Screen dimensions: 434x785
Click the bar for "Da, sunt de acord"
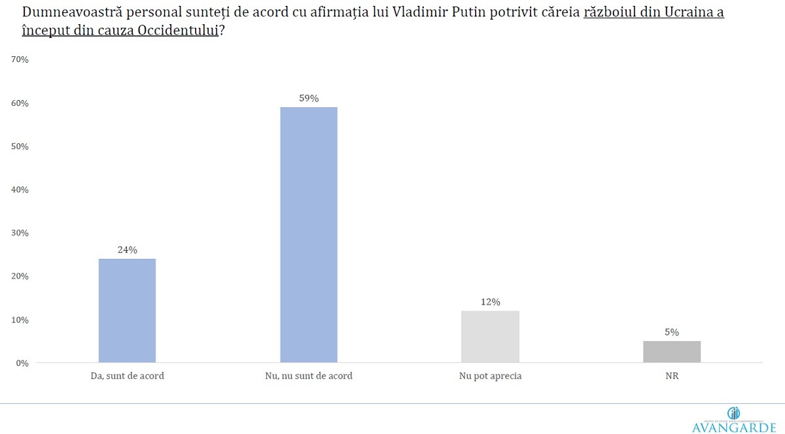127,310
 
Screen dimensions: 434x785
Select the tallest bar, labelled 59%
309,235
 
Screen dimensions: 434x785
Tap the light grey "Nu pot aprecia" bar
490,337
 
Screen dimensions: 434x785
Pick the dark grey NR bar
672,352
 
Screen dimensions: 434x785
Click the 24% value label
127,250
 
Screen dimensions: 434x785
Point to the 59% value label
309,98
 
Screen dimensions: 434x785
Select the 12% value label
490,302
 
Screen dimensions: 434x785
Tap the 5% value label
672,332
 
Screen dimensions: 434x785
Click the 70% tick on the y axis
20,59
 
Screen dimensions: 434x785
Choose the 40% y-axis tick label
20,190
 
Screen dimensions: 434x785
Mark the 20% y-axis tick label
20,276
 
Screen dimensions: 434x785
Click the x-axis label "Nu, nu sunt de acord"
309,376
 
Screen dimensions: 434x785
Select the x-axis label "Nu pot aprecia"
490,376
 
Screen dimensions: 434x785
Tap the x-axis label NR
672,376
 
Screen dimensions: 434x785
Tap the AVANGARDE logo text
733,426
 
